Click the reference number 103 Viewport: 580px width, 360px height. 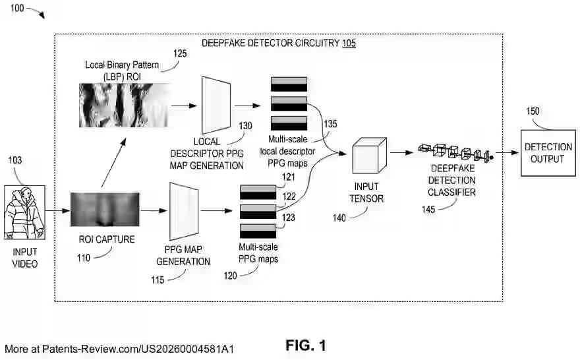coord(15,160)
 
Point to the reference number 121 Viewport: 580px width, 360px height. coord(289,177)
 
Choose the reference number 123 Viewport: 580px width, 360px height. coord(289,217)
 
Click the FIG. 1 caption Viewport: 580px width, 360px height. coord(305,345)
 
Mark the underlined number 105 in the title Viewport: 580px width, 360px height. coord(349,44)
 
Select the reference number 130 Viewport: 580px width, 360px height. coord(245,125)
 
